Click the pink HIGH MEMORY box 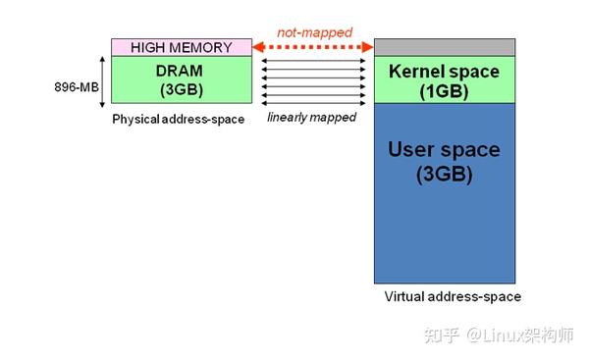click(182, 47)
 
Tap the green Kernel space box click(444, 80)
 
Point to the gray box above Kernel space click(444, 47)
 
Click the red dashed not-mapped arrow click(312, 47)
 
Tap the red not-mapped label click(314, 32)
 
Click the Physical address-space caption click(179, 120)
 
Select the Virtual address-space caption click(453, 296)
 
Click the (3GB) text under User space click(444, 176)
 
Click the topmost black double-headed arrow click(312, 62)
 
